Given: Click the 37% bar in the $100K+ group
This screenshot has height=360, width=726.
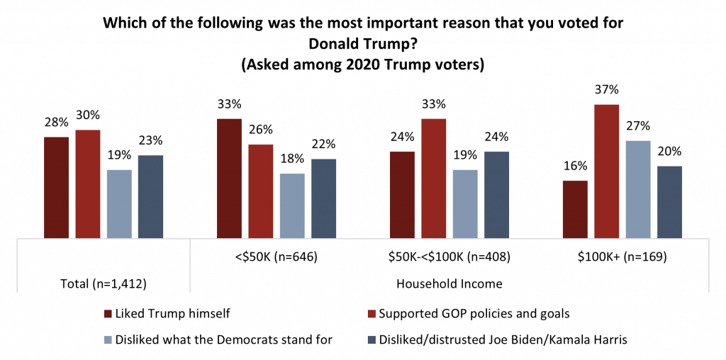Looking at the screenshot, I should (606, 171).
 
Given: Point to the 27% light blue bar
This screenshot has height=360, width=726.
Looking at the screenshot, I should (638, 189).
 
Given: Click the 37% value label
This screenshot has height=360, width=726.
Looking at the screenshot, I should (607, 90).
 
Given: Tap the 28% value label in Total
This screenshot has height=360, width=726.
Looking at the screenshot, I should (57, 123).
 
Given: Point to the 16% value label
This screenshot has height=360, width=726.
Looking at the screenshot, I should (575, 167).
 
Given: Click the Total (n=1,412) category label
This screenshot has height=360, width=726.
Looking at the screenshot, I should (104, 283).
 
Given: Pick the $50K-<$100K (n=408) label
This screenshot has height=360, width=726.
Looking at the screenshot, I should (450, 257).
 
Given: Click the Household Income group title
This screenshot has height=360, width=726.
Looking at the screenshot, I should (450, 283).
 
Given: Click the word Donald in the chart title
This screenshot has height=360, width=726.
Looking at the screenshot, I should (321, 43).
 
